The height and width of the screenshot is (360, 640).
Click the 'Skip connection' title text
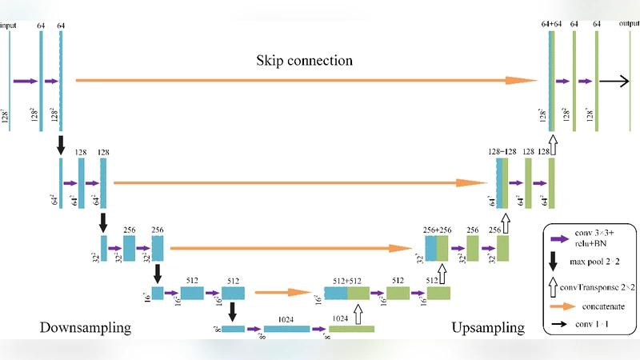coord(305,61)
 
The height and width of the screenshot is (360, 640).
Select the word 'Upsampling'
coord(488,328)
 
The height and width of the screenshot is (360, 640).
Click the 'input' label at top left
coord(9,26)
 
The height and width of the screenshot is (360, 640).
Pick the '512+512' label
coord(346,280)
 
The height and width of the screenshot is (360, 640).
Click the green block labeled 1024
coord(351,329)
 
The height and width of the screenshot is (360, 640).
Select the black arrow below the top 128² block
coord(61,146)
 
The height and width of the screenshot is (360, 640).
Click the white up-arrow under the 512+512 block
coord(358,313)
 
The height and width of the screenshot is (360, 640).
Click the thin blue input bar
coord(10,80)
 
